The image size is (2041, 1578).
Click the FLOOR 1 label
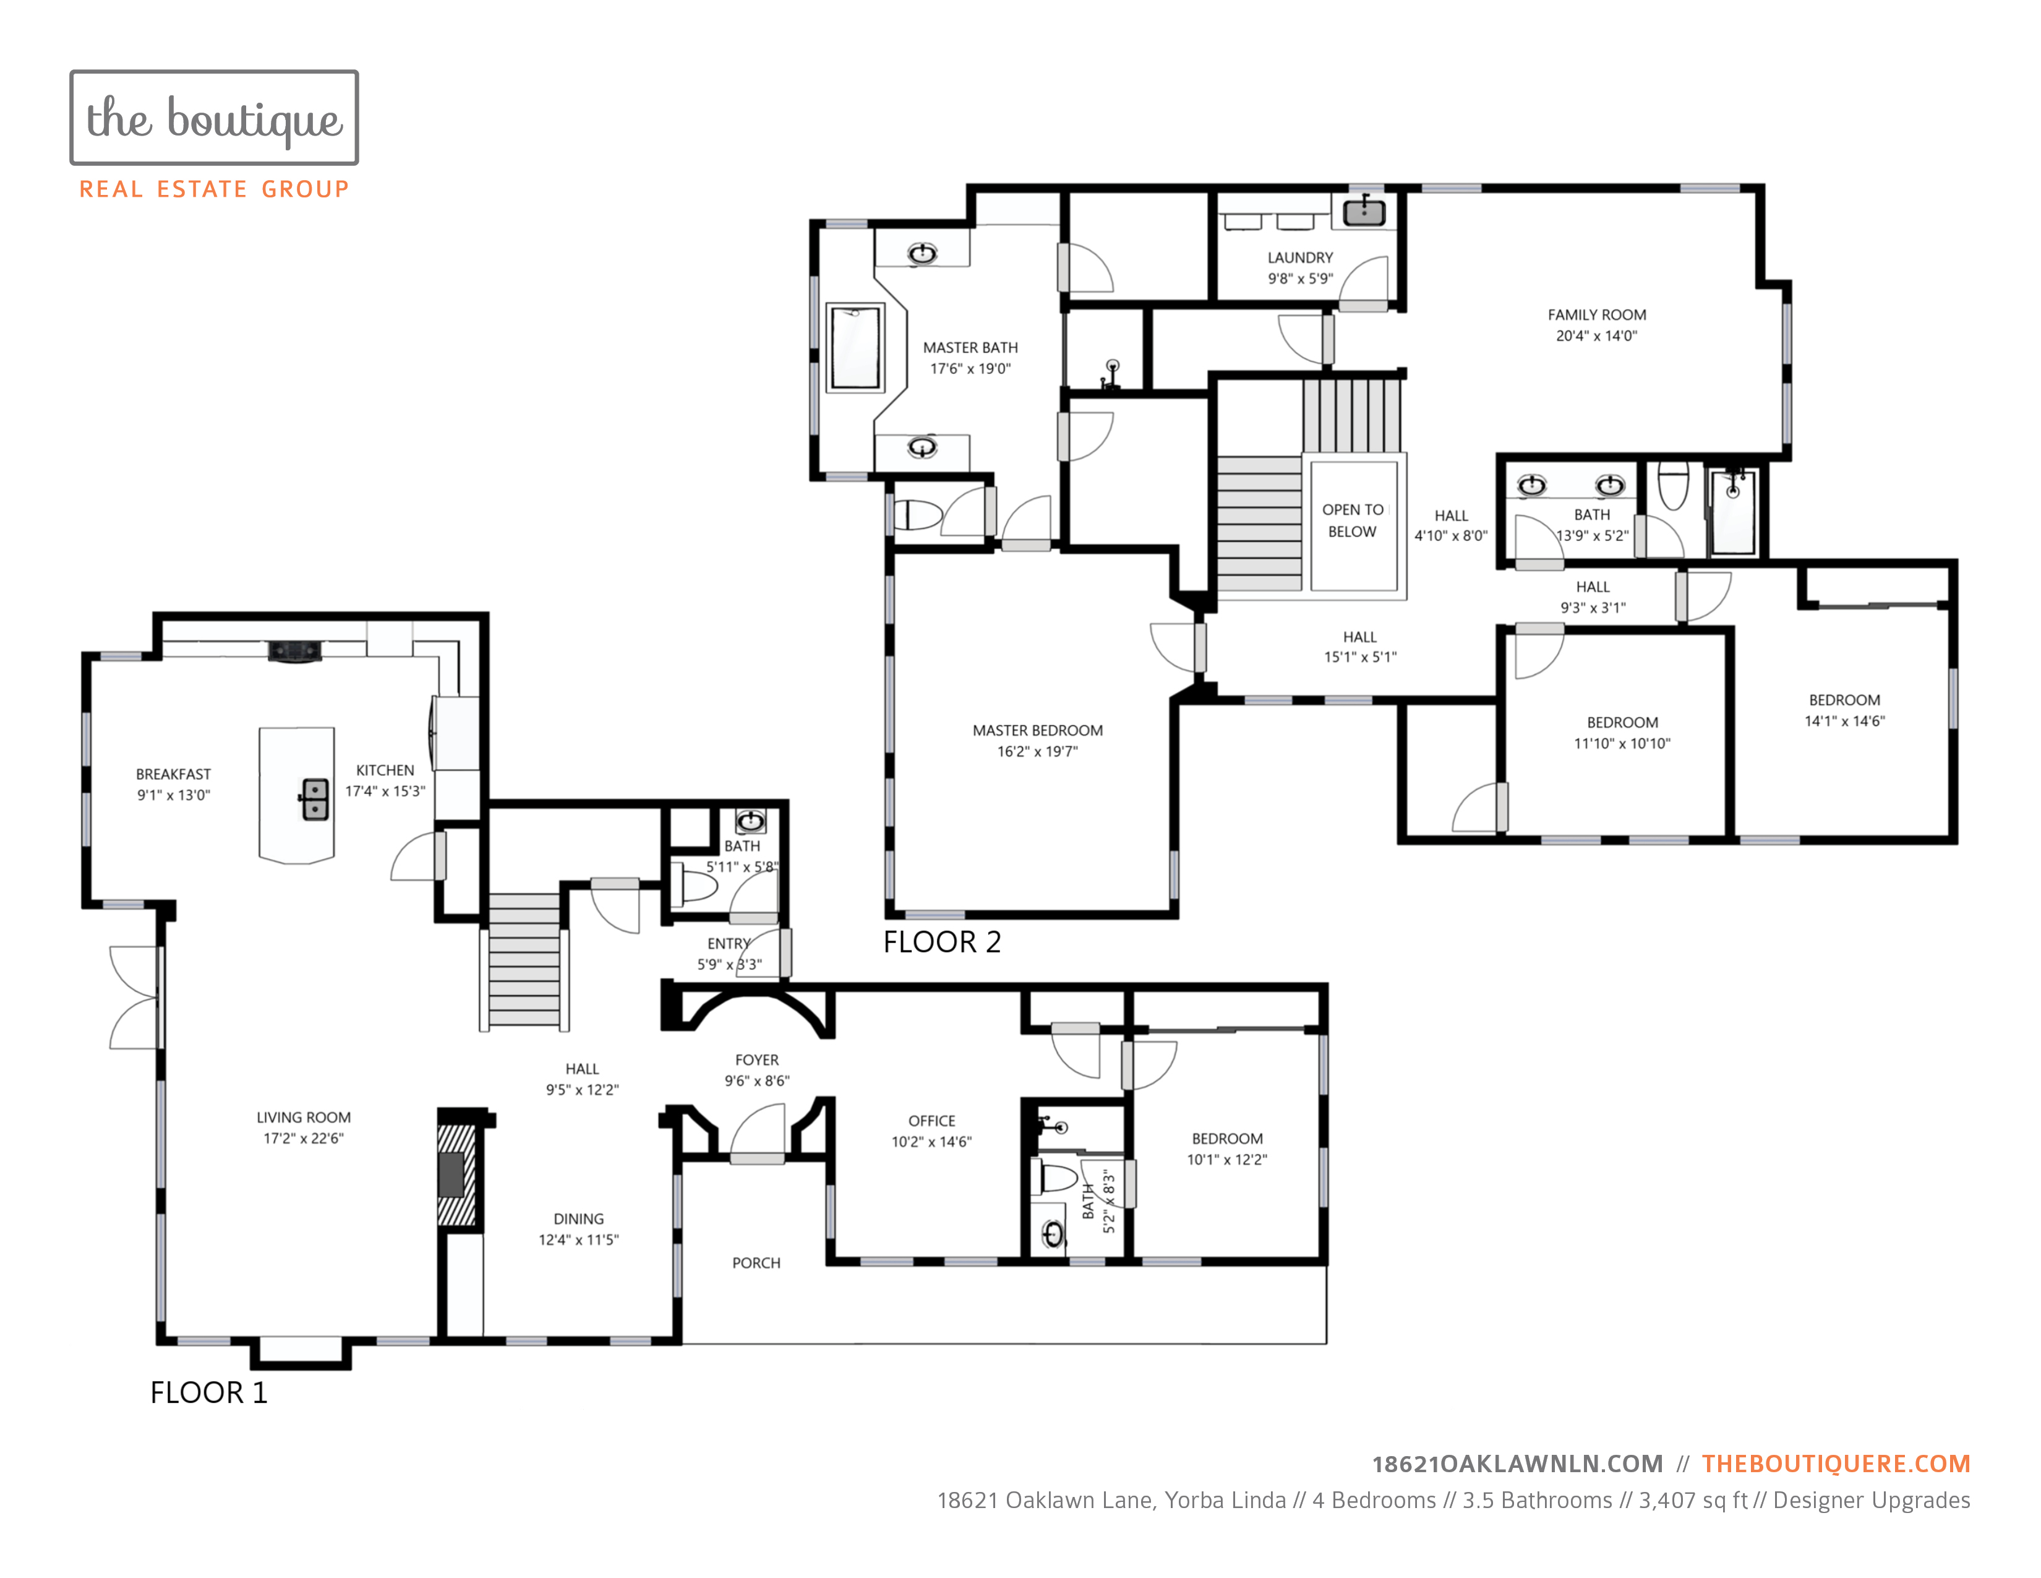click(208, 1393)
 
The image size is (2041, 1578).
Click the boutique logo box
click(214, 118)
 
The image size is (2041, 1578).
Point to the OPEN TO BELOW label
click(1352, 520)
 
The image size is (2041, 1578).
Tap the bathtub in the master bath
click(855, 347)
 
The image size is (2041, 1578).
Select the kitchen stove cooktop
click(295, 650)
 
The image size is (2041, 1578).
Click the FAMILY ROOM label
click(1597, 315)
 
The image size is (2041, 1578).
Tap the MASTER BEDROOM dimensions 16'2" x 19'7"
click(1037, 752)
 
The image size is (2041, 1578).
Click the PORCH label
click(756, 1263)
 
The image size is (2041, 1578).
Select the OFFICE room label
click(931, 1121)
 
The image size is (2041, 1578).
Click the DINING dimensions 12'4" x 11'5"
click(578, 1241)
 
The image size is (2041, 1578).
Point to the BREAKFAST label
click(174, 774)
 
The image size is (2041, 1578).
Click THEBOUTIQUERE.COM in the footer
click(1836, 1464)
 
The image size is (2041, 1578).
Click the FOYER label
click(757, 1060)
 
